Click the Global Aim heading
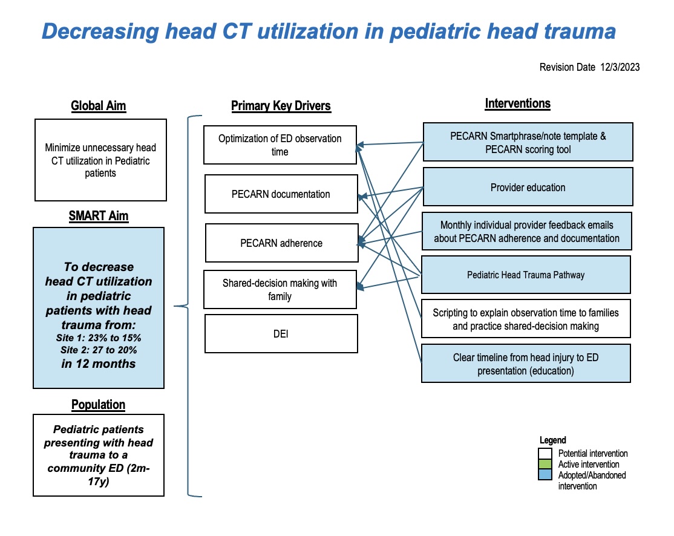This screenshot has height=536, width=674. (x=99, y=106)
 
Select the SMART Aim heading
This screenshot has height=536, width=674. (x=99, y=216)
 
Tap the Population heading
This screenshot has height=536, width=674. (x=99, y=405)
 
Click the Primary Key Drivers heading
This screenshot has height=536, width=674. (x=281, y=106)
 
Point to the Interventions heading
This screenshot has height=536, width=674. (x=517, y=103)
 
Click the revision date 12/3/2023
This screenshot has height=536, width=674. (x=620, y=67)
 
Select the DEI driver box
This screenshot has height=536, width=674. (x=281, y=334)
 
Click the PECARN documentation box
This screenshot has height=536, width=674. (x=281, y=194)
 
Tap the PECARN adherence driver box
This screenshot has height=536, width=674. (x=281, y=243)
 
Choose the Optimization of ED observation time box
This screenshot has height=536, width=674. (x=280, y=145)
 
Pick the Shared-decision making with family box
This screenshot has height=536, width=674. (x=280, y=289)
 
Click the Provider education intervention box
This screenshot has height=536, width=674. (x=528, y=186)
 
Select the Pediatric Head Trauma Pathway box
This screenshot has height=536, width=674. (x=526, y=275)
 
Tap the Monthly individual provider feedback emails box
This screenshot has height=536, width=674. (x=526, y=231)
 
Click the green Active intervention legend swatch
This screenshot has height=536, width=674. (x=545, y=464)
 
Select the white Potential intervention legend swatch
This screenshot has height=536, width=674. (x=545, y=454)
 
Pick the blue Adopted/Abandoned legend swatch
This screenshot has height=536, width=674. (x=545, y=474)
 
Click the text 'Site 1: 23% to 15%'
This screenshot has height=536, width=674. (x=99, y=338)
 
